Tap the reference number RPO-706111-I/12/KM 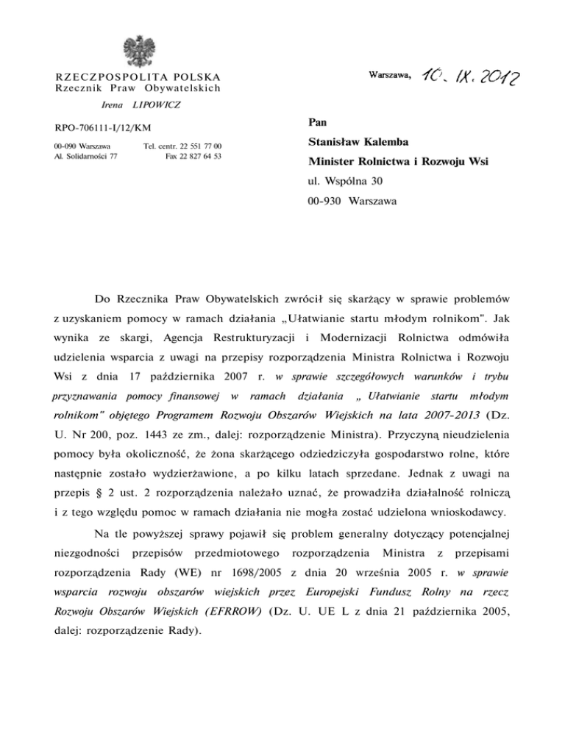point(104,130)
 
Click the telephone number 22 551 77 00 point(194,146)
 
